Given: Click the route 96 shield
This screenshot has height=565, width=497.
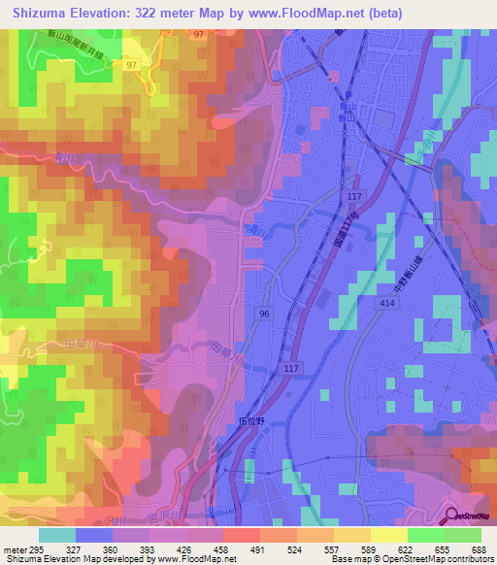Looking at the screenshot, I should coord(264,314).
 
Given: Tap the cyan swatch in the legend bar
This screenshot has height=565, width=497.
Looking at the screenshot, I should coord(57,535).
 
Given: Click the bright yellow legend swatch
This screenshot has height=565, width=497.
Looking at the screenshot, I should coord(389,535).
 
